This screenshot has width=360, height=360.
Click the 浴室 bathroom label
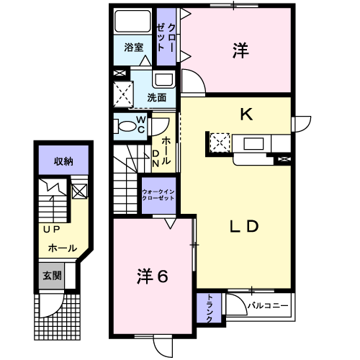[134, 48]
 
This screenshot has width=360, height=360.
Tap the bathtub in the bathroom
[132, 21]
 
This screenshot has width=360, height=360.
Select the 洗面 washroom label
[156, 98]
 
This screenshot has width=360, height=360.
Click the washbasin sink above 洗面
[164, 80]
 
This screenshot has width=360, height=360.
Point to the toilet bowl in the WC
[125, 126]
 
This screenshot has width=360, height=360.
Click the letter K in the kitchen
[246, 114]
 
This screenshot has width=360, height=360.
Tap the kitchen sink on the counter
[253, 144]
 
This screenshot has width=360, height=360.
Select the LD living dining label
[244, 227]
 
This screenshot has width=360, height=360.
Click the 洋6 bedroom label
[152, 276]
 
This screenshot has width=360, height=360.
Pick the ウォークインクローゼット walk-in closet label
[158, 195]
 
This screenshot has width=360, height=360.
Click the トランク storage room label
[210, 308]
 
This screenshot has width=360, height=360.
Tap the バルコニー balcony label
[268, 306]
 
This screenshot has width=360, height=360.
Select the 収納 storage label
[63, 161]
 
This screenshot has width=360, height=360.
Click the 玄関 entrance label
[52, 276]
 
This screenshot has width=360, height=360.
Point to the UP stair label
[52, 230]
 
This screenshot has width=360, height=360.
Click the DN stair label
[156, 158]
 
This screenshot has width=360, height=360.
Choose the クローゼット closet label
[166, 37]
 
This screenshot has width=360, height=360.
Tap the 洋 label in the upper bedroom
[240, 50]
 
